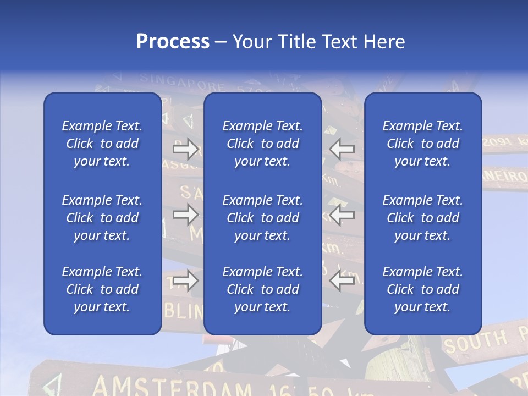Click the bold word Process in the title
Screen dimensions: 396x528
click(173, 42)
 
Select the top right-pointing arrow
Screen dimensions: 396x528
click(186, 149)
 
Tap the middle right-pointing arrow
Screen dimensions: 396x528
click(186, 215)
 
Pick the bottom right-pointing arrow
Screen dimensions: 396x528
click(186, 280)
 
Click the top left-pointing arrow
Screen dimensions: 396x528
click(342, 149)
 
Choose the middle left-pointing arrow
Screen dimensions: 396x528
click(342, 215)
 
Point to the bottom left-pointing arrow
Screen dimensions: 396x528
click(342, 280)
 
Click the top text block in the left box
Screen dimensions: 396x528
click(102, 144)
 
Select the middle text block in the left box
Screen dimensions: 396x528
click(102, 218)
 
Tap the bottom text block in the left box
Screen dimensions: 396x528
click(102, 289)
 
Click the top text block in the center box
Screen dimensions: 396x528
click(263, 144)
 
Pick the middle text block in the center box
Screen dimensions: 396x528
click(263, 218)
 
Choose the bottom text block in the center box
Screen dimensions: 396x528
click(263, 289)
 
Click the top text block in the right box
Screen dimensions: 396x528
click(423, 144)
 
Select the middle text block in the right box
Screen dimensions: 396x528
click(423, 218)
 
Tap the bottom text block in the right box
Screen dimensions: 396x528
click(423, 289)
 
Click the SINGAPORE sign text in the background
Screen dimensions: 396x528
click(182, 82)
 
